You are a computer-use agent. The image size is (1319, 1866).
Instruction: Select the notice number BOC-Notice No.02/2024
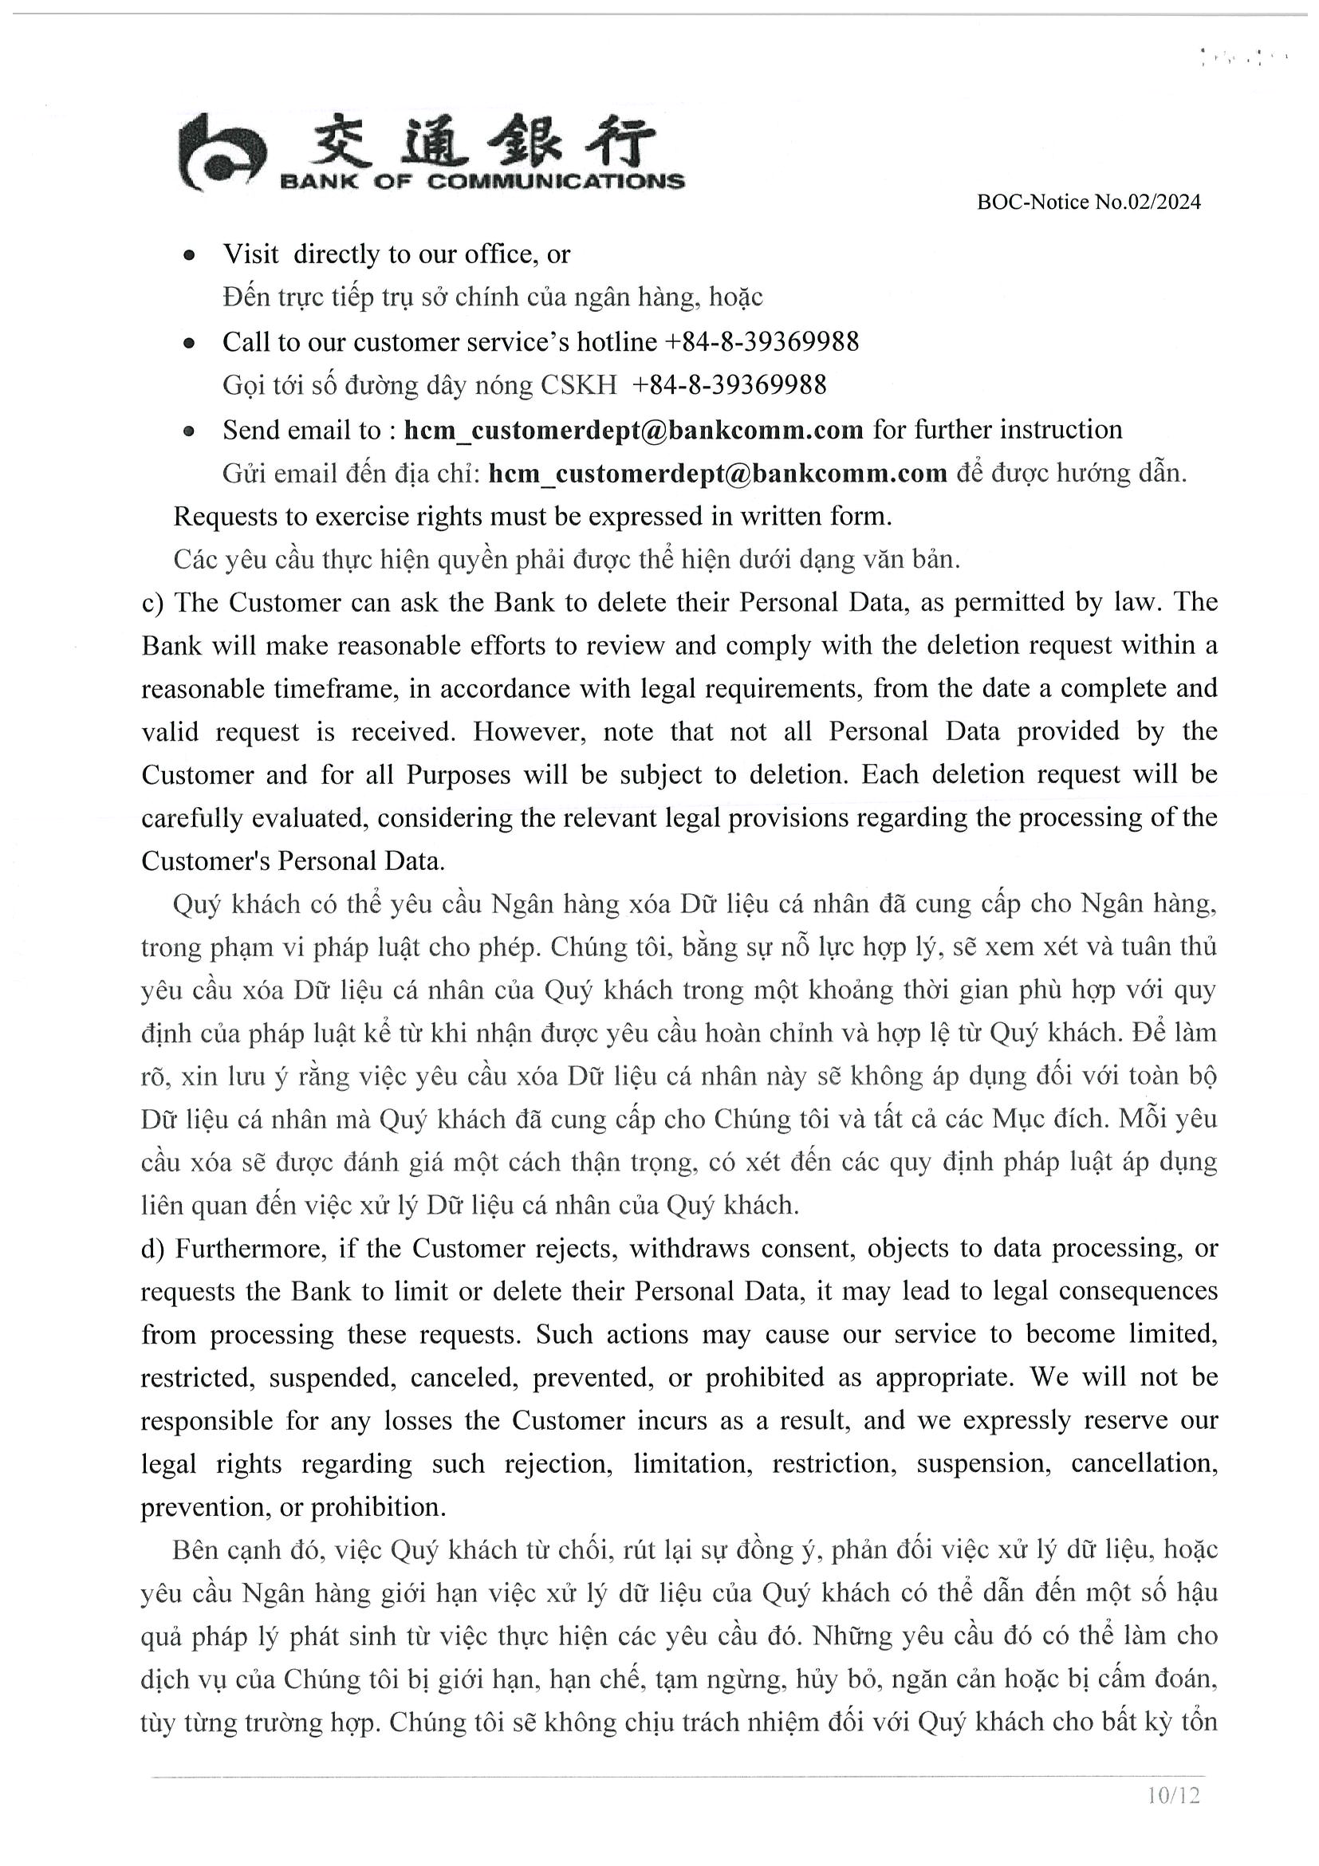click(1089, 203)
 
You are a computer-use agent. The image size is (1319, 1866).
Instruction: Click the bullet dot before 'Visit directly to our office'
click(189, 255)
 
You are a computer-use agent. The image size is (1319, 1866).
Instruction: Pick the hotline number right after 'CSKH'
click(728, 384)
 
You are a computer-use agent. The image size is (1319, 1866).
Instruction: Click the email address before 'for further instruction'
click(634, 430)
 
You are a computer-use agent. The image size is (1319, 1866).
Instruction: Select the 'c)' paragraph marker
click(153, 602)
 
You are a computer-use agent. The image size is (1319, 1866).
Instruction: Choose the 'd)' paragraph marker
click(153, 1248)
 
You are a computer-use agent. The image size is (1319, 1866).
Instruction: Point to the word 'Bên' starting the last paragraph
click(193, 1550)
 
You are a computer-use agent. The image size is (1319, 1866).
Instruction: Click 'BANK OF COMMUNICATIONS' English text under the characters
click(482, 181)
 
